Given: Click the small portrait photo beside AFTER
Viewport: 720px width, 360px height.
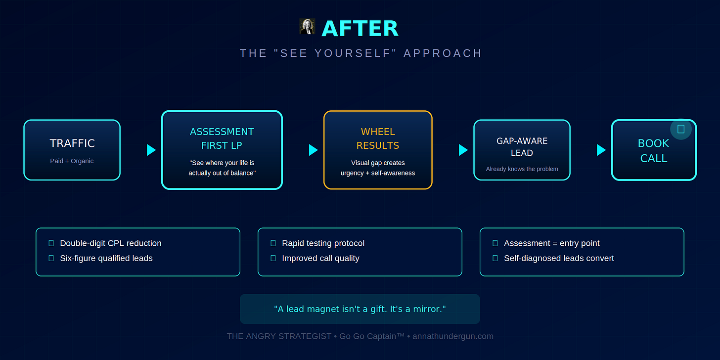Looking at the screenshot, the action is [307, 27].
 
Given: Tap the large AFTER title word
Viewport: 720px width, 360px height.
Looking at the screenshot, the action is [360, 29].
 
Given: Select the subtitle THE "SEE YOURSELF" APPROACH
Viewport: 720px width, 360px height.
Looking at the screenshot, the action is [360, 53].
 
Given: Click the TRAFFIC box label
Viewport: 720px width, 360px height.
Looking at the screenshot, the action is [72, 143].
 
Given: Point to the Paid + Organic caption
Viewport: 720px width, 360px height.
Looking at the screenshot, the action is [72, 161].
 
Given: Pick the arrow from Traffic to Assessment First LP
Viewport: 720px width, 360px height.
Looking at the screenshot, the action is [151, 150].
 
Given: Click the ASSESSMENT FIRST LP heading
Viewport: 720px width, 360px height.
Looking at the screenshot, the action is [222, 138].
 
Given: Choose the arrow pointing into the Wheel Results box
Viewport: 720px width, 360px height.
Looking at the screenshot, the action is [313, 150].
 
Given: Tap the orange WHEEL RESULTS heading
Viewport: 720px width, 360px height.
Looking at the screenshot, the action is [378, 138].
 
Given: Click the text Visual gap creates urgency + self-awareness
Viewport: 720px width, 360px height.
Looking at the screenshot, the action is [378, 168].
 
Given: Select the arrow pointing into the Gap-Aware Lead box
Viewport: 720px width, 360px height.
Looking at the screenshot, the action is [463, 150].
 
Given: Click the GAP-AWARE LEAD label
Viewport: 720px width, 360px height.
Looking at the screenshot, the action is [522, 147].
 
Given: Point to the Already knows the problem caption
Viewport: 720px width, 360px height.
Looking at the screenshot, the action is [522, 169].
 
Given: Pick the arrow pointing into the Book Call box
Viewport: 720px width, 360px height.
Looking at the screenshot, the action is [601, 150].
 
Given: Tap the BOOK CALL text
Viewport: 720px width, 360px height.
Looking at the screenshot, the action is [653, 150].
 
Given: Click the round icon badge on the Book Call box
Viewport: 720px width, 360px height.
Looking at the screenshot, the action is [681, 129].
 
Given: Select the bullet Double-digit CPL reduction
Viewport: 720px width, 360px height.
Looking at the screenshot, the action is [111, 243].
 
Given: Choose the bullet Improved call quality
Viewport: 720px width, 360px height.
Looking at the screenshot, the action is [320, 258].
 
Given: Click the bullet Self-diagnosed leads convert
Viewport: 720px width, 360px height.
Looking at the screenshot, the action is [559, 258].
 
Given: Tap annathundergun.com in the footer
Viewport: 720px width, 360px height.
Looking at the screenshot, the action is [453, 336].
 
